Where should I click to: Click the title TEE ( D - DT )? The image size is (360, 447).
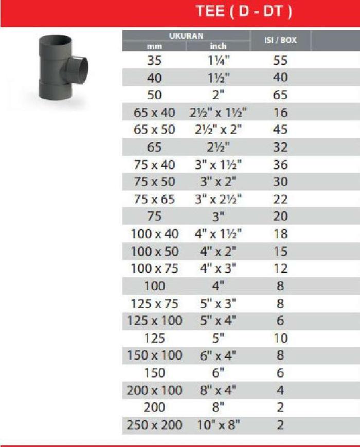244,11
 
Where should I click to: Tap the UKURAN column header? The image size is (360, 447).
186,36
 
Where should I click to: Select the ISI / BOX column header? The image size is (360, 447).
280,40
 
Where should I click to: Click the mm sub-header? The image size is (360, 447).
154,46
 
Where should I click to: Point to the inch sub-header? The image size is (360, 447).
218,46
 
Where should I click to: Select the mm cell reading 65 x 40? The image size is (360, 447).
154,113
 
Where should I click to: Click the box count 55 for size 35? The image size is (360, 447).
280,61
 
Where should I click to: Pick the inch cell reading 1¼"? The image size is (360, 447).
218,61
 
